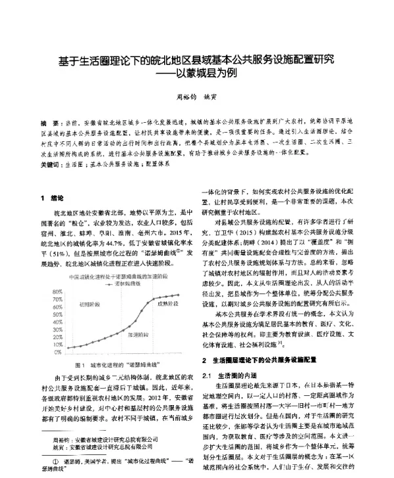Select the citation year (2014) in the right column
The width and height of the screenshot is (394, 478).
(x=276, y=241)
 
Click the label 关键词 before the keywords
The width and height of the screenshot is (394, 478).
(x=51, y=165)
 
